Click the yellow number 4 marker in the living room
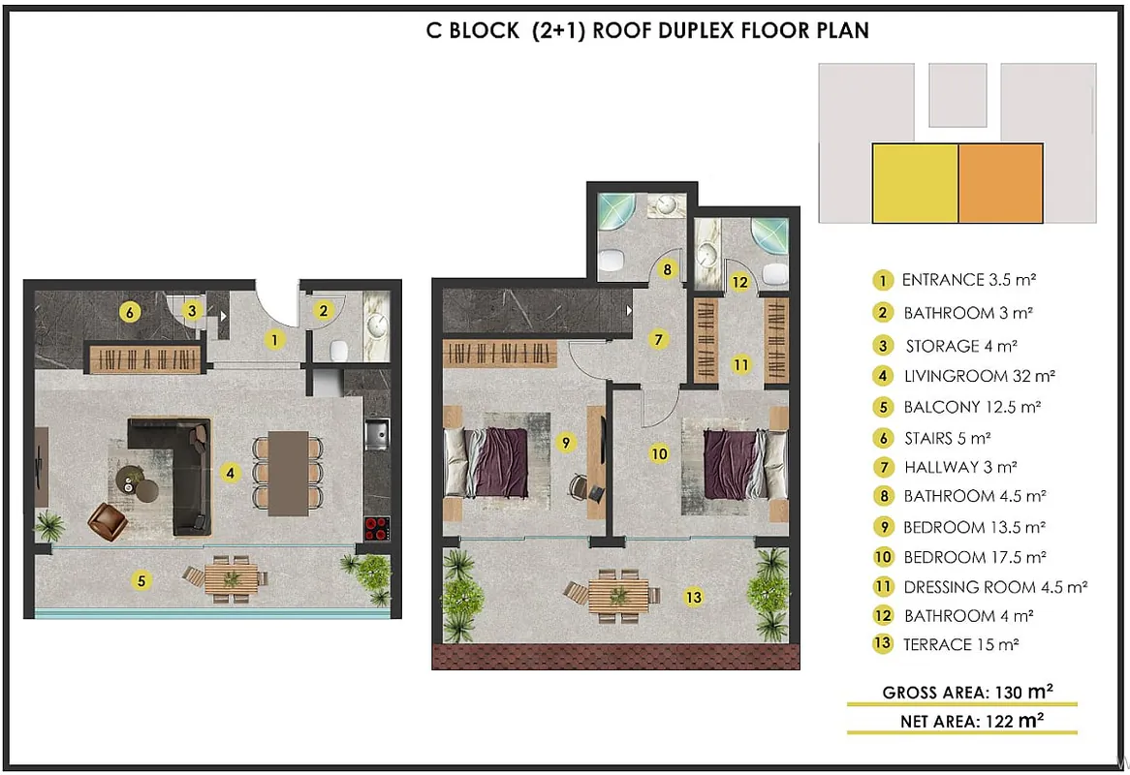(x=230, y=473)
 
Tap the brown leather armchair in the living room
(x=107, y=521)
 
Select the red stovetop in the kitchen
(x=377, y=528)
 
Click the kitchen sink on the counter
(x=376, y=434)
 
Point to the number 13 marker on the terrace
(x=693, y=597)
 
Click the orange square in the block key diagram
(x=1000, y=183)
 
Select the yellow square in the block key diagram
(x=915, y=183)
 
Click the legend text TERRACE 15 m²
(x=960, y=644)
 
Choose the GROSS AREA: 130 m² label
(x=967, y=692)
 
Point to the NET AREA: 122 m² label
(x=971, y=721)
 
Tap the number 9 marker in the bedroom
(x=566, y=443)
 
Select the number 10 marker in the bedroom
(x=659, y=453)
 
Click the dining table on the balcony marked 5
(x=232, y=578)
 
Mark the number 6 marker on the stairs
(x=130, y=313)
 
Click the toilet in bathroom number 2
(x=339, y=351)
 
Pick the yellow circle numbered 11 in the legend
(x=883, y=586)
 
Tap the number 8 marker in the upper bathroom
(x=668, y=269)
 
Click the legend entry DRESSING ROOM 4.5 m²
(x=995, y=587)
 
